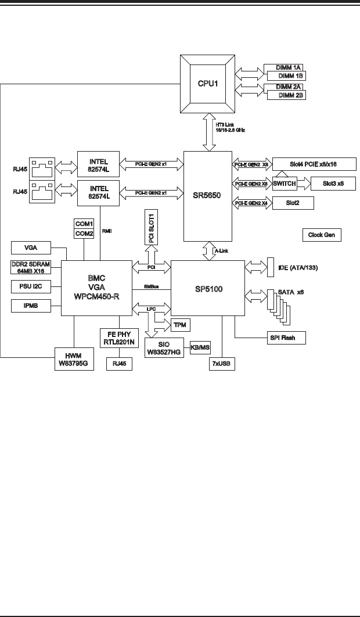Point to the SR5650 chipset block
pyautogui.click(x=207, y=196)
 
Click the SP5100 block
pyautogui.click(x=207, y=288)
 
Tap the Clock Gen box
pyautogui.click(x=322, y=235)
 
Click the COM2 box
pyautogui.click(x=84, y=233)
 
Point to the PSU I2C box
pyautogui.click(x=30, y=286)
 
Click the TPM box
pyautogui.click(x=179, y=324)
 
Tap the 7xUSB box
pyautogui.click(x=224, y=364)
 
